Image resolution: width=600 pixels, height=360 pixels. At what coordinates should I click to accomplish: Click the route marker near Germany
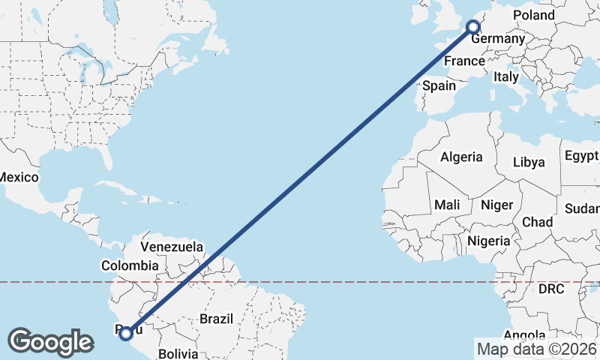[473, 27]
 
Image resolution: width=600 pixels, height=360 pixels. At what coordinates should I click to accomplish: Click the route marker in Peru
[126, 333]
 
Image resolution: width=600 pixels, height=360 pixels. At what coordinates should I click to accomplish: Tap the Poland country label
[534, 15]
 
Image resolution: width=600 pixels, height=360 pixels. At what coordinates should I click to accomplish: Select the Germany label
[497, 38]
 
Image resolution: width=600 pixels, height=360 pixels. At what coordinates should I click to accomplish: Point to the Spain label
[439, 85]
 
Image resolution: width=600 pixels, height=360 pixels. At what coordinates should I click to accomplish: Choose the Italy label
[505, 76]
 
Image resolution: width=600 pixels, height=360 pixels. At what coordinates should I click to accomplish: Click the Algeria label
[461, 157]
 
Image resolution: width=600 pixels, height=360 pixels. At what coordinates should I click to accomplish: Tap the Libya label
[529, 162]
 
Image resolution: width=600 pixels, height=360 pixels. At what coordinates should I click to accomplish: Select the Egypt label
[581, 156]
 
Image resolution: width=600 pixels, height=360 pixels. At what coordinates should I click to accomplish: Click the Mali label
[447, 205]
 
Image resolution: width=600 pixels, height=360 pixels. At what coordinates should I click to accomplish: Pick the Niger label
[496, 205]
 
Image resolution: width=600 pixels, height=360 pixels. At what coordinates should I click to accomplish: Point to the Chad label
[537, 222]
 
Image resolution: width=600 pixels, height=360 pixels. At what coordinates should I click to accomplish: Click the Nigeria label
[488, 241]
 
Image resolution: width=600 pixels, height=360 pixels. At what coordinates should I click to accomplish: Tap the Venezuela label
[172, 247]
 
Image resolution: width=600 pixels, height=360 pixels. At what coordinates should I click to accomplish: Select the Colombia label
[130, 265]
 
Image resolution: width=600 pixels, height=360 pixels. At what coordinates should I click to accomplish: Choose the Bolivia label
[178, 352]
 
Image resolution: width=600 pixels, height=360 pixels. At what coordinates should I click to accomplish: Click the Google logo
[50, 341]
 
